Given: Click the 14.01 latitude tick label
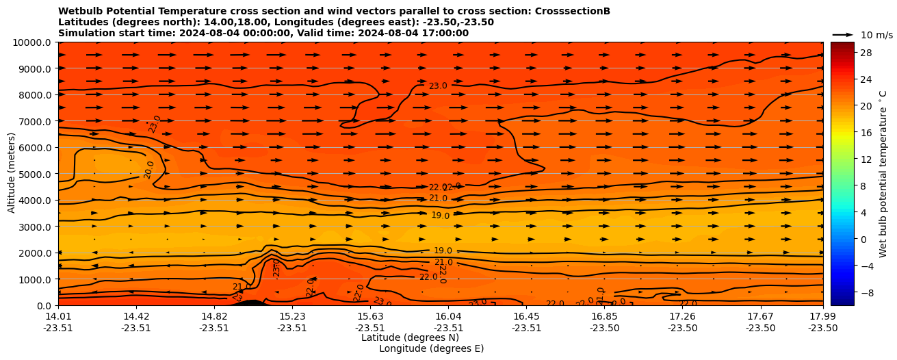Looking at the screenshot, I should point(58,316).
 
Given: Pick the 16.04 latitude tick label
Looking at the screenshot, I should point(448,316).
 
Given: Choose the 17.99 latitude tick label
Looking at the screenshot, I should point(822,316).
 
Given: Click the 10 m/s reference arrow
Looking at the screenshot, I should point(843,35).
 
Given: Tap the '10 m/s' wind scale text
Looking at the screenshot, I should point(876,35).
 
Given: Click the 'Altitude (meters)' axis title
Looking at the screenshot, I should point(12,174).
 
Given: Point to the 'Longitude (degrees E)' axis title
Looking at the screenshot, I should point(431,348).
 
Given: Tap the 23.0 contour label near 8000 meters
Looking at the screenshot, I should point(438,86).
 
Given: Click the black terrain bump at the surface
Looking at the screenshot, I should point(251,303).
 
